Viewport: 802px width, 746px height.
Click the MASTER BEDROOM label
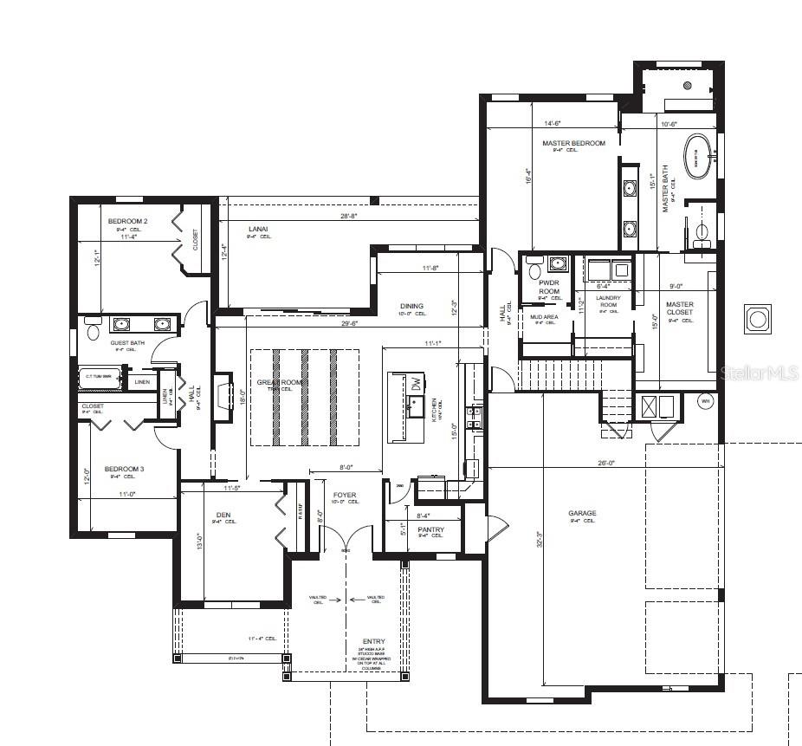click(573, 143)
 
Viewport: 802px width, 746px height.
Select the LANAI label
click(257, 229)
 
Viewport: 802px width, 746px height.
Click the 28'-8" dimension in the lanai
click(349, 215)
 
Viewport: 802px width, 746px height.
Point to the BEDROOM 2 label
click(127, 221)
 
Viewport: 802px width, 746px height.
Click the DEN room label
click(223, 514)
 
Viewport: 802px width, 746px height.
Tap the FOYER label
click(345, 495)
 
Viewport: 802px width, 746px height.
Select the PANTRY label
click(430, 529)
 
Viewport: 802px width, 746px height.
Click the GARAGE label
click(582, 513)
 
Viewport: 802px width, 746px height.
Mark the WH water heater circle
click(704, 402)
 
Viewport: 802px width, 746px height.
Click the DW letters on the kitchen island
click(417, 382)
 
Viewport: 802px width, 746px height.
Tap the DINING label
click(412, 306)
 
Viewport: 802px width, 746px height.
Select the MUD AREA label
click(544, 317)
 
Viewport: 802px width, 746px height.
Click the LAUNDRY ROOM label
click(608, 302)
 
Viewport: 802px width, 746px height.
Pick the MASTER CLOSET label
click(680, 308)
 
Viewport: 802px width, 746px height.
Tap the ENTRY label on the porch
click(374, 641)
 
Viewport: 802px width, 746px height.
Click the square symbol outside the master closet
click(758, 319)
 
